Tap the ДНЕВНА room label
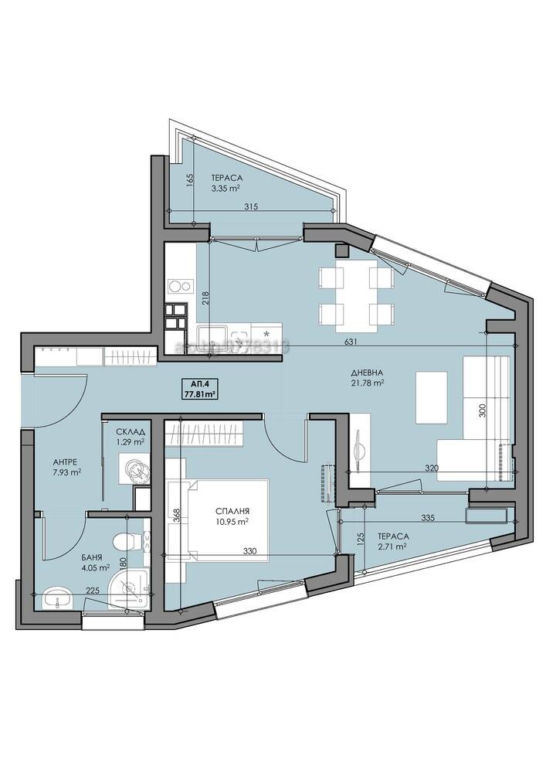[368, 376]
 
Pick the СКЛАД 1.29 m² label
[130, 438]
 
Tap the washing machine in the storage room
[131, 468]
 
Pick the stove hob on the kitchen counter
[179, 286]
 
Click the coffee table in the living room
[431, 397]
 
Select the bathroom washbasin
[53, 596]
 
